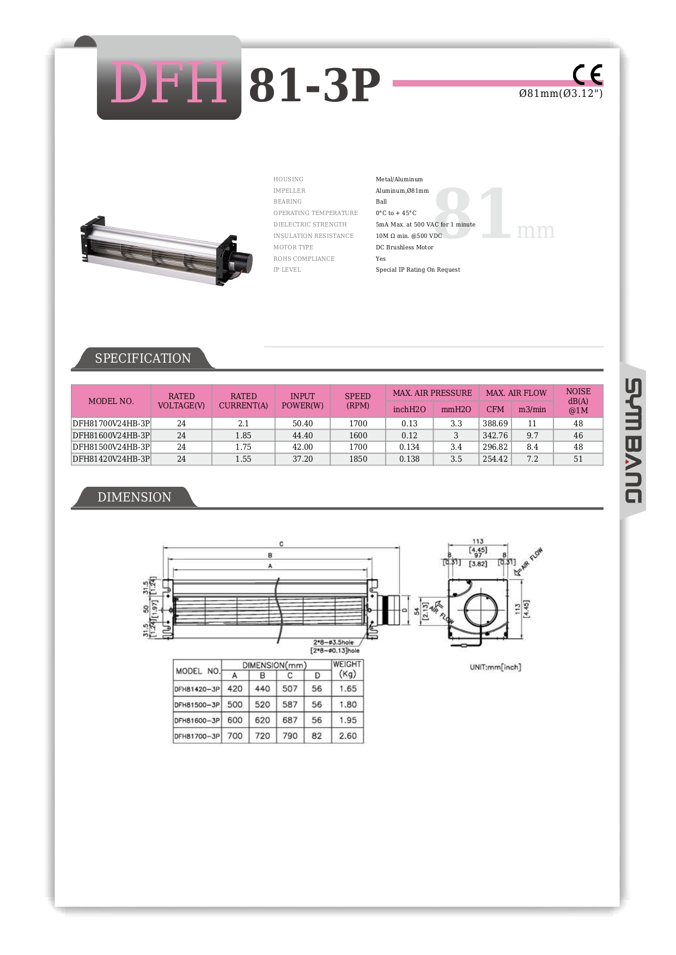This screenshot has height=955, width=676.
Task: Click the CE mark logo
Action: coord(587,75)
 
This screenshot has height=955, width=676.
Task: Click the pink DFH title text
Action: coord(169,83)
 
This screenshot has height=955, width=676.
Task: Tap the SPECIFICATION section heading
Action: coord(143,358)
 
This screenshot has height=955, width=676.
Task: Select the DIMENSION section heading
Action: coord(134,497)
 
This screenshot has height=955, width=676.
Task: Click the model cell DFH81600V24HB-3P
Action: coord(111,436)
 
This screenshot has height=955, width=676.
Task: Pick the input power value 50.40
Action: coord(302,424)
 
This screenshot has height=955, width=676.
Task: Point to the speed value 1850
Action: coord(358,459)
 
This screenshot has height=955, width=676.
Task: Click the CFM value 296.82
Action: coord(495,447)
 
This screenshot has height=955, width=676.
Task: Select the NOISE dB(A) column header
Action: coord(578,401)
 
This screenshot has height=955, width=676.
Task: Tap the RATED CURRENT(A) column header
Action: coord(243,401)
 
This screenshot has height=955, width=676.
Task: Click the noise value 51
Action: coord(578,459)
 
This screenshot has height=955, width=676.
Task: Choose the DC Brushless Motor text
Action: coord(405,247)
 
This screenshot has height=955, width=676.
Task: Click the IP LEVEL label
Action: coord(287,270)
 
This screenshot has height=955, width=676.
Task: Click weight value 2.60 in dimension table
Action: coord(348,736)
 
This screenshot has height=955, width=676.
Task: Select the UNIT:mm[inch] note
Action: coord(495,667)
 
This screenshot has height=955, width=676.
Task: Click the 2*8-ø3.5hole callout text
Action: coord(333,642)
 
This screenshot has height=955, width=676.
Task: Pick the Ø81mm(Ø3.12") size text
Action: coord(561,94)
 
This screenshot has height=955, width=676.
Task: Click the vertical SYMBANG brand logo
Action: coord(633,440)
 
